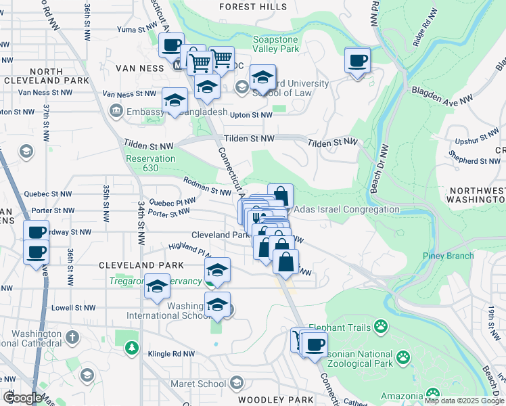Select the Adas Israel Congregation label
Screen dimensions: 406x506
point(346,210)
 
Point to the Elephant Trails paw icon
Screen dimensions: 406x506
point(382,328)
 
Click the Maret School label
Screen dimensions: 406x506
point(202,384)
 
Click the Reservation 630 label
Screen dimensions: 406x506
point(151,164)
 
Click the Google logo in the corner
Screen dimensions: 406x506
point(22,398)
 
